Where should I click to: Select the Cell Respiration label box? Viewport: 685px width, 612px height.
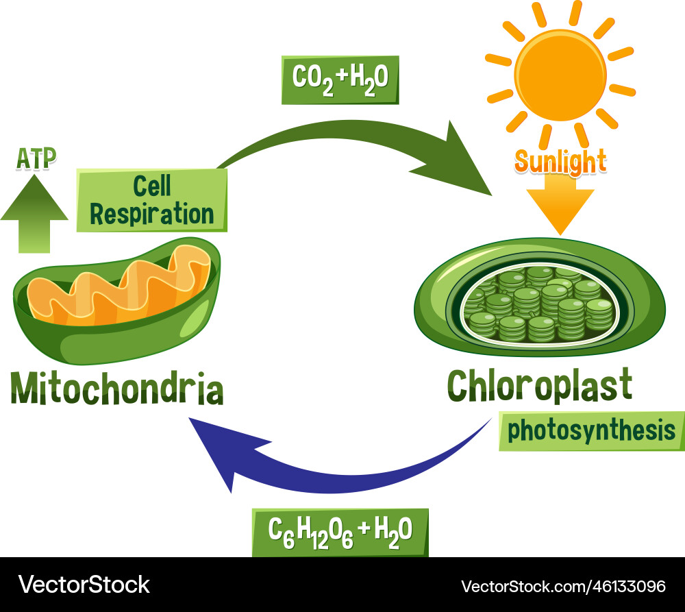[x=152, y=199]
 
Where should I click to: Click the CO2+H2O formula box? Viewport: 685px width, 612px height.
[x=340, y=79]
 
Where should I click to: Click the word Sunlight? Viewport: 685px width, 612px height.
[x=560, y=162]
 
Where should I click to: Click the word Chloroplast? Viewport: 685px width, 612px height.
[x=539, y=386]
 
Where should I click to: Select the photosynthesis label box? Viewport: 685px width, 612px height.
[x=591, y=431]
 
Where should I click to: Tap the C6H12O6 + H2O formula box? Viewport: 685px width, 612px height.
[x=340, y=531]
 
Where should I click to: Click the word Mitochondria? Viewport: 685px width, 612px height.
[x=117, y=389]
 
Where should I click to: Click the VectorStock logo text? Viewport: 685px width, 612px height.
[x=84, y=585]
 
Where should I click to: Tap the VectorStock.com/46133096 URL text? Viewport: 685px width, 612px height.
[x=563, y=586]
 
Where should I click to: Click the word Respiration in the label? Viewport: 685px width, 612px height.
[x=152, y=213]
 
